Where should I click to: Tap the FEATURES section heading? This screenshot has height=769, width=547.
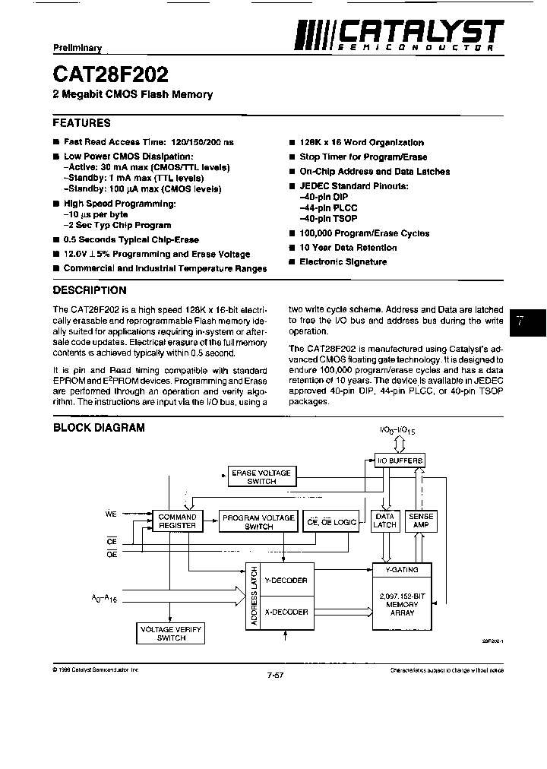tap(81, 122)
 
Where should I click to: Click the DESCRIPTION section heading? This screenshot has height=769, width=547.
tap(90, 290)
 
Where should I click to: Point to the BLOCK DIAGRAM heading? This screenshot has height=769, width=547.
tap(99, 428)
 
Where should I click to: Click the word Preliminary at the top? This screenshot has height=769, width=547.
tap(77, 48)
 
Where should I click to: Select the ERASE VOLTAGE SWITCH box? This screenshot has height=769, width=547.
tap(261, 477)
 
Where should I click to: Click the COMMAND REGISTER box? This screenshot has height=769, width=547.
tap(177, 521)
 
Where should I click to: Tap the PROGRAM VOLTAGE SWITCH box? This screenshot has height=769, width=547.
tap(258, 521)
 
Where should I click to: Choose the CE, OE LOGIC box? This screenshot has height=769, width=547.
tap(330, 521)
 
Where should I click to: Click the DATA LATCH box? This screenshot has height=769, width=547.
tap(385, 521)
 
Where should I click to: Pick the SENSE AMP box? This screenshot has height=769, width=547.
tap(421, 521)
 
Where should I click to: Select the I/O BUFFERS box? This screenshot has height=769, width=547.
tap(400, 460)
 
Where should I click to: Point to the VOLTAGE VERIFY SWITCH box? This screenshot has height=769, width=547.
tap(171, 634)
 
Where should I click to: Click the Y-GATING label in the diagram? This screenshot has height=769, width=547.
tap(402, 569)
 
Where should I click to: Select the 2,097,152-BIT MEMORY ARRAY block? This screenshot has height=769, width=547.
tap(402, 604)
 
